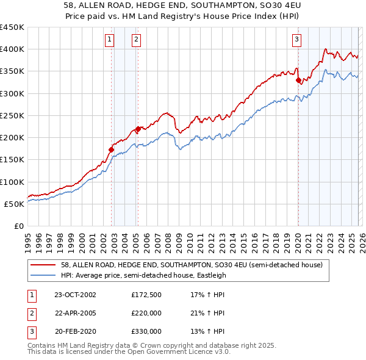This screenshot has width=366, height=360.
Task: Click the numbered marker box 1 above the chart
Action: (109, 40)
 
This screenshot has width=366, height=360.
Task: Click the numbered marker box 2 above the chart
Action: (135, 40)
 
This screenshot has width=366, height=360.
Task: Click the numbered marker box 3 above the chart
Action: (296, 40)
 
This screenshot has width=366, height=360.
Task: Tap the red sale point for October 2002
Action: (112, 149)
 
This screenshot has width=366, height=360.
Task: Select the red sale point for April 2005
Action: (138, 128)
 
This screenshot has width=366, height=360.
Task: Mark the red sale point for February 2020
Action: (298, 80)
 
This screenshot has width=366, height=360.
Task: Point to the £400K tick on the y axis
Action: (12, 49)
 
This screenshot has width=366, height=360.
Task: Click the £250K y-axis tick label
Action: (12, 115)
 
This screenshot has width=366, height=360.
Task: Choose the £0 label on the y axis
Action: (19, 226)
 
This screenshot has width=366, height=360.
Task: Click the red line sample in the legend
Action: (44, 265)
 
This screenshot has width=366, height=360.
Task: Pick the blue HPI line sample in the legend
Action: (44, 275)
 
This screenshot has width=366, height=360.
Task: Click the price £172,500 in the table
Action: (146, 295)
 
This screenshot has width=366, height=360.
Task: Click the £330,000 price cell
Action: (146, 331)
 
